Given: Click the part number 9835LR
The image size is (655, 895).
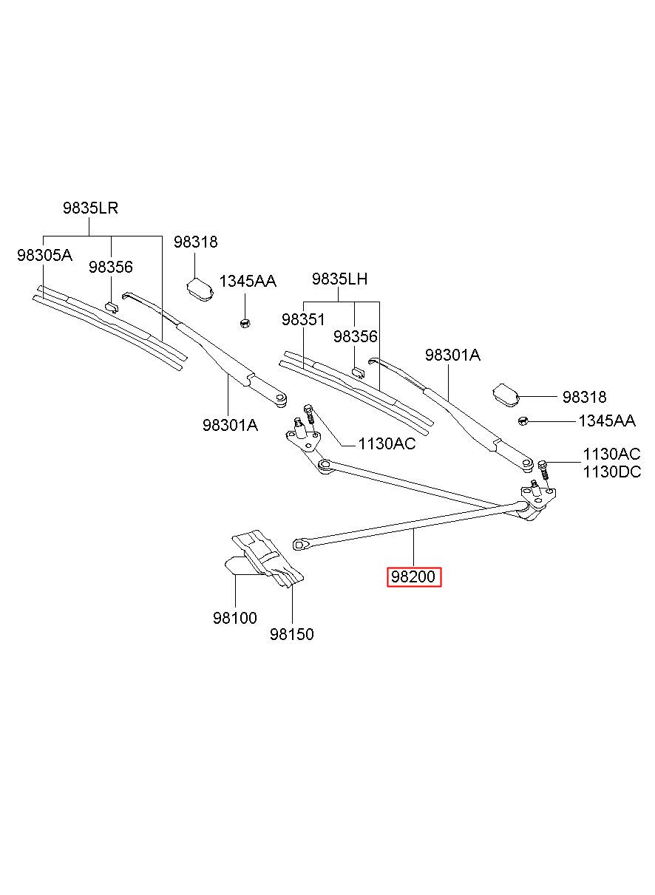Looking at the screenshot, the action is pyautogui.click(x=90, y=208).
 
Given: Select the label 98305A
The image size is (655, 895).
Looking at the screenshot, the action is pyautogui.click(x=45, y=255).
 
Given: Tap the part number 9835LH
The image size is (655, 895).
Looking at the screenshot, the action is pyautogui.click(x=339, y=279).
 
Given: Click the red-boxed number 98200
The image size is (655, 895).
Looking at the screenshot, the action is pyautogui.click(x=413, y=577).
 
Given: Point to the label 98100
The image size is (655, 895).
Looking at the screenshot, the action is pyautogui.click(x=235, y=618).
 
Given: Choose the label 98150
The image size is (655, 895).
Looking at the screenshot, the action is pyautogui.click(x=292, y=634).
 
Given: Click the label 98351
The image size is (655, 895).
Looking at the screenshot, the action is pyautogui.click(x=303, y=319).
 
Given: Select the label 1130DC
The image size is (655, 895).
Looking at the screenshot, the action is pyautogui.click(x=612, y=472).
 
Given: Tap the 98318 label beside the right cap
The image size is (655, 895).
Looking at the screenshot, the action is pyautogui.click(x=584, y=397).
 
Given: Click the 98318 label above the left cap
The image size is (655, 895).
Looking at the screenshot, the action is pyautogui.click(x=195, y=242).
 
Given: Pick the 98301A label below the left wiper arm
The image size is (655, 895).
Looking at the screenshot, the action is pyautogui.click(x=230, y=425).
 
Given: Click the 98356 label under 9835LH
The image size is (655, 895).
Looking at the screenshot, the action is pyautogui.click(x=356, y=336).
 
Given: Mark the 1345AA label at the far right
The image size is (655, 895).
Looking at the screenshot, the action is pyautogui.click(x=607, y=421).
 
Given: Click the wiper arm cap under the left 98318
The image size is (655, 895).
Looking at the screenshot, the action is pyautogui.click(x=201, y=289).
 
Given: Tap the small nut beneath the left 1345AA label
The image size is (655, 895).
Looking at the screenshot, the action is pyautogui.click(x=245, y=322).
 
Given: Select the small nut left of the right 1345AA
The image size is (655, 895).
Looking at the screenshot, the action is pyautogui.click(x=523, y=421).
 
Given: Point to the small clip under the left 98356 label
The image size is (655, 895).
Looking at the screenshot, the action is pyautogui.click(x=112, y=307).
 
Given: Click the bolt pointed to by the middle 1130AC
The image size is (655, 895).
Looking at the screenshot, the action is pyautogui.click(x=309, y=416).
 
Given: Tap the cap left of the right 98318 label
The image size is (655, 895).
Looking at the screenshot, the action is pyautogui.click(x=506, y=395).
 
